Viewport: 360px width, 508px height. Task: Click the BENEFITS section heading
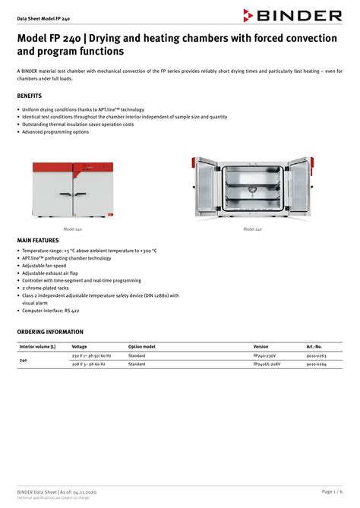click(x=30, y=96)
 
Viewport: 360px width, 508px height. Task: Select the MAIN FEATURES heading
click(x=38, y=241)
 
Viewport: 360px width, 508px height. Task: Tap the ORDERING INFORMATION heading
click(x=50, y=332)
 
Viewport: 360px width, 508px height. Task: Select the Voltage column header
click(x=79, y=346)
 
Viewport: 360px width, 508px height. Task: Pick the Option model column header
click(x=141, y=346)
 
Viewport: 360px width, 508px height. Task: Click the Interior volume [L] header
click(x=37, y=346)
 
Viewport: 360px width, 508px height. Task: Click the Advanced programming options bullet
click(x=55, y=131)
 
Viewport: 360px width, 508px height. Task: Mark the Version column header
click(x=261, y=346)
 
